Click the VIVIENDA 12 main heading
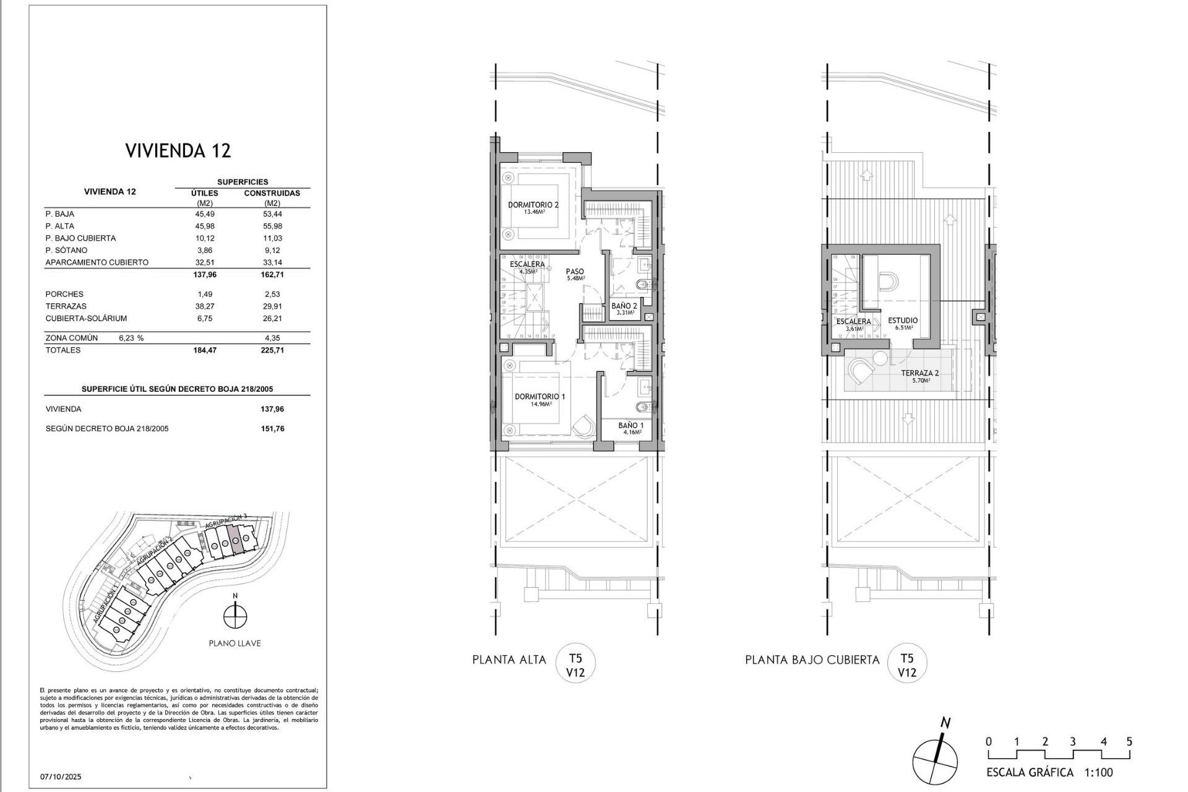(x=178, y=150)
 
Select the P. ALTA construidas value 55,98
(x=272, y=226)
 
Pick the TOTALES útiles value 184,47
(x=205, y=350)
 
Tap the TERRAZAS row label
(x=66, y=306)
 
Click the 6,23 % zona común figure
(x=131, y=338)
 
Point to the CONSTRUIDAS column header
(x=272, y=193)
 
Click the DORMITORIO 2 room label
(x=533, y=205)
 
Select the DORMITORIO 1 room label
(x=540, y=397)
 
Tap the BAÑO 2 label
(x=624, y=306)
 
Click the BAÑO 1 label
(x=631, y=426)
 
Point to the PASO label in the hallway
(x=575, y=272)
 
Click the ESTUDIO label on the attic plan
(x=903, y=321)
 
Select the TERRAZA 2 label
(x=919, y=373)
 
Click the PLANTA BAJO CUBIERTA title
(x=812, y=660)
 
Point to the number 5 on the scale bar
(x=1129, y=742)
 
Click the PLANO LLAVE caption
(x=235, y=643)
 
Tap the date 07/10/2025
(x=61, y=777)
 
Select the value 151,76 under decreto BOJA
(x=272, y=429)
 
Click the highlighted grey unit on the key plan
(x=235, y=537)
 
